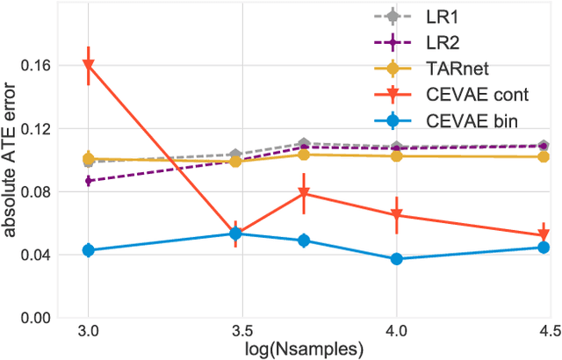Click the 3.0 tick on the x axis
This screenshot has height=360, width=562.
coord(87,332)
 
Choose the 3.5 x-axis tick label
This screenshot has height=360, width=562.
coord(241,332)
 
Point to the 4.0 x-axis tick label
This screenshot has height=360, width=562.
coord(396,332)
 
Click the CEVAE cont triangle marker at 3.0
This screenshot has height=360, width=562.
coord(88,66)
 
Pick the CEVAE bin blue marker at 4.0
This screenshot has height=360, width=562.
coord(396,259)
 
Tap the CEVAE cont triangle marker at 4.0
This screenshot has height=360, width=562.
coord(396,215)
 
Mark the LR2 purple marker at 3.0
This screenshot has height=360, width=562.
coord(88,181)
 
